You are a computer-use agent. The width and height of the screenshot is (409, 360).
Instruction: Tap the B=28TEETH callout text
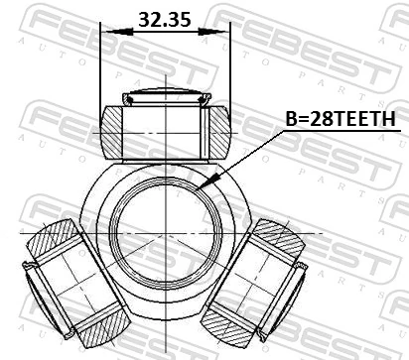(x=340, y=119)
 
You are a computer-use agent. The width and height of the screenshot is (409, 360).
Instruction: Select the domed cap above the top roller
(x=166, y=97)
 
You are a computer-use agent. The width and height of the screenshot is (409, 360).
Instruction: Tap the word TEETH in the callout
(x=366, y=119)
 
